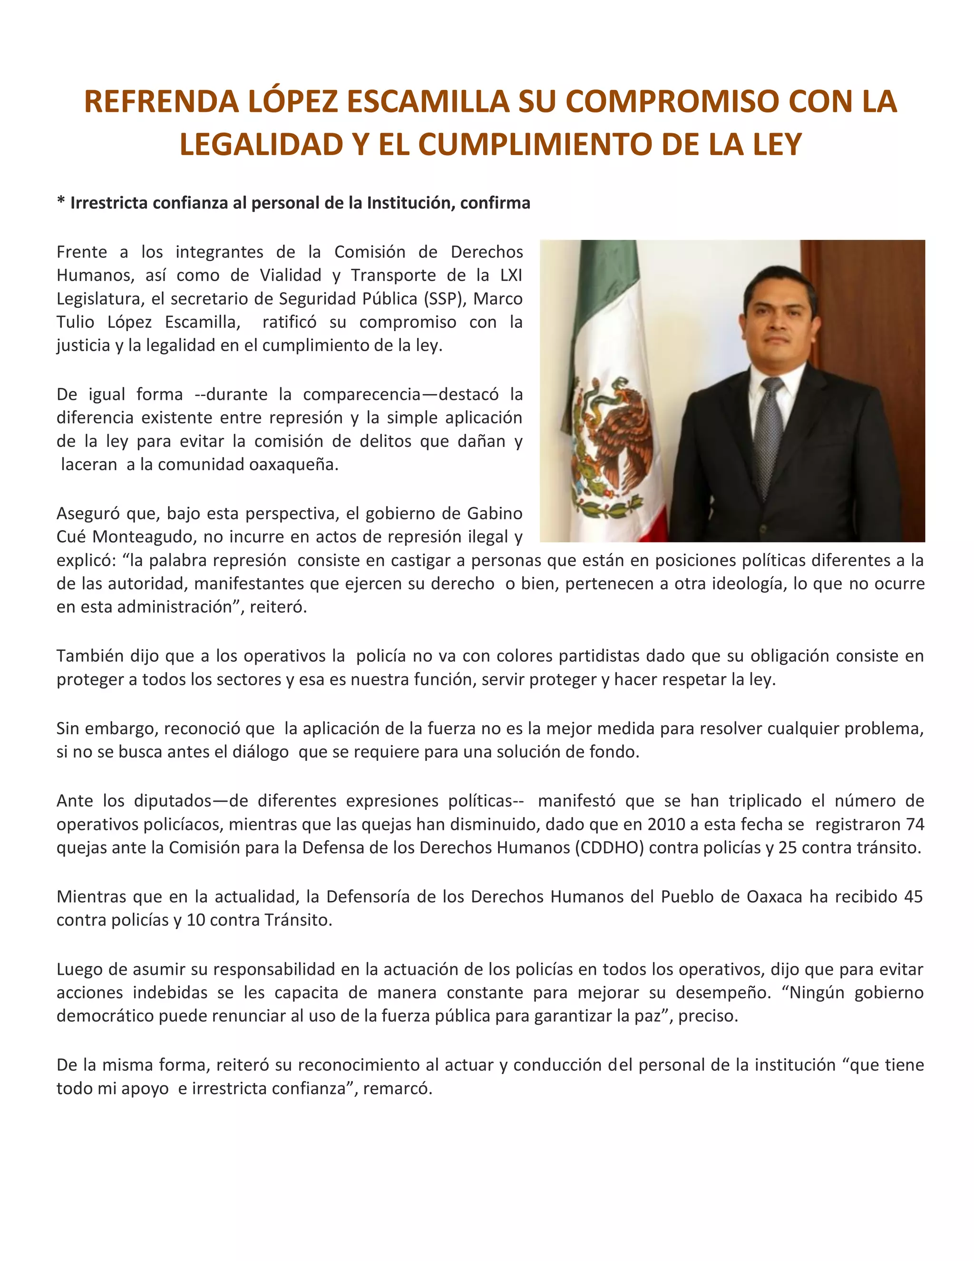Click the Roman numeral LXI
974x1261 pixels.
tap(511, 275)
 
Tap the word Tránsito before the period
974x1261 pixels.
tap(297, 920)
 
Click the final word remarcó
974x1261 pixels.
tap(404, 1088)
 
